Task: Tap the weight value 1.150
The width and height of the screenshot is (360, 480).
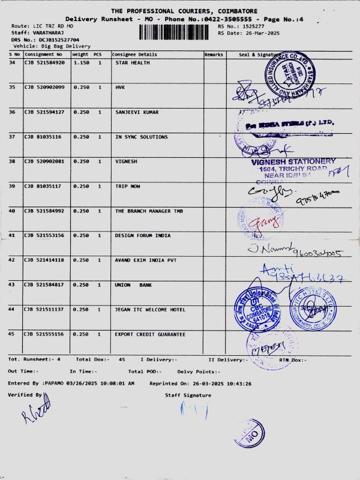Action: (80, 62)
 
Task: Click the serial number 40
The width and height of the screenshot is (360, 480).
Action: (12, 211)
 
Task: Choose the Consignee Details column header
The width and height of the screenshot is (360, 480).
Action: (135, 55)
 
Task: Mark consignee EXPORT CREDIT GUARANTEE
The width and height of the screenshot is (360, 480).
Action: (150, 334)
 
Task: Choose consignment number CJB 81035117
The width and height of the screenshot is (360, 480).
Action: (43, 186)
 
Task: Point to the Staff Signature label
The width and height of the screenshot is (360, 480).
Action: (188, 395)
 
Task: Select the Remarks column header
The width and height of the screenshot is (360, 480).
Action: (214, 55)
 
